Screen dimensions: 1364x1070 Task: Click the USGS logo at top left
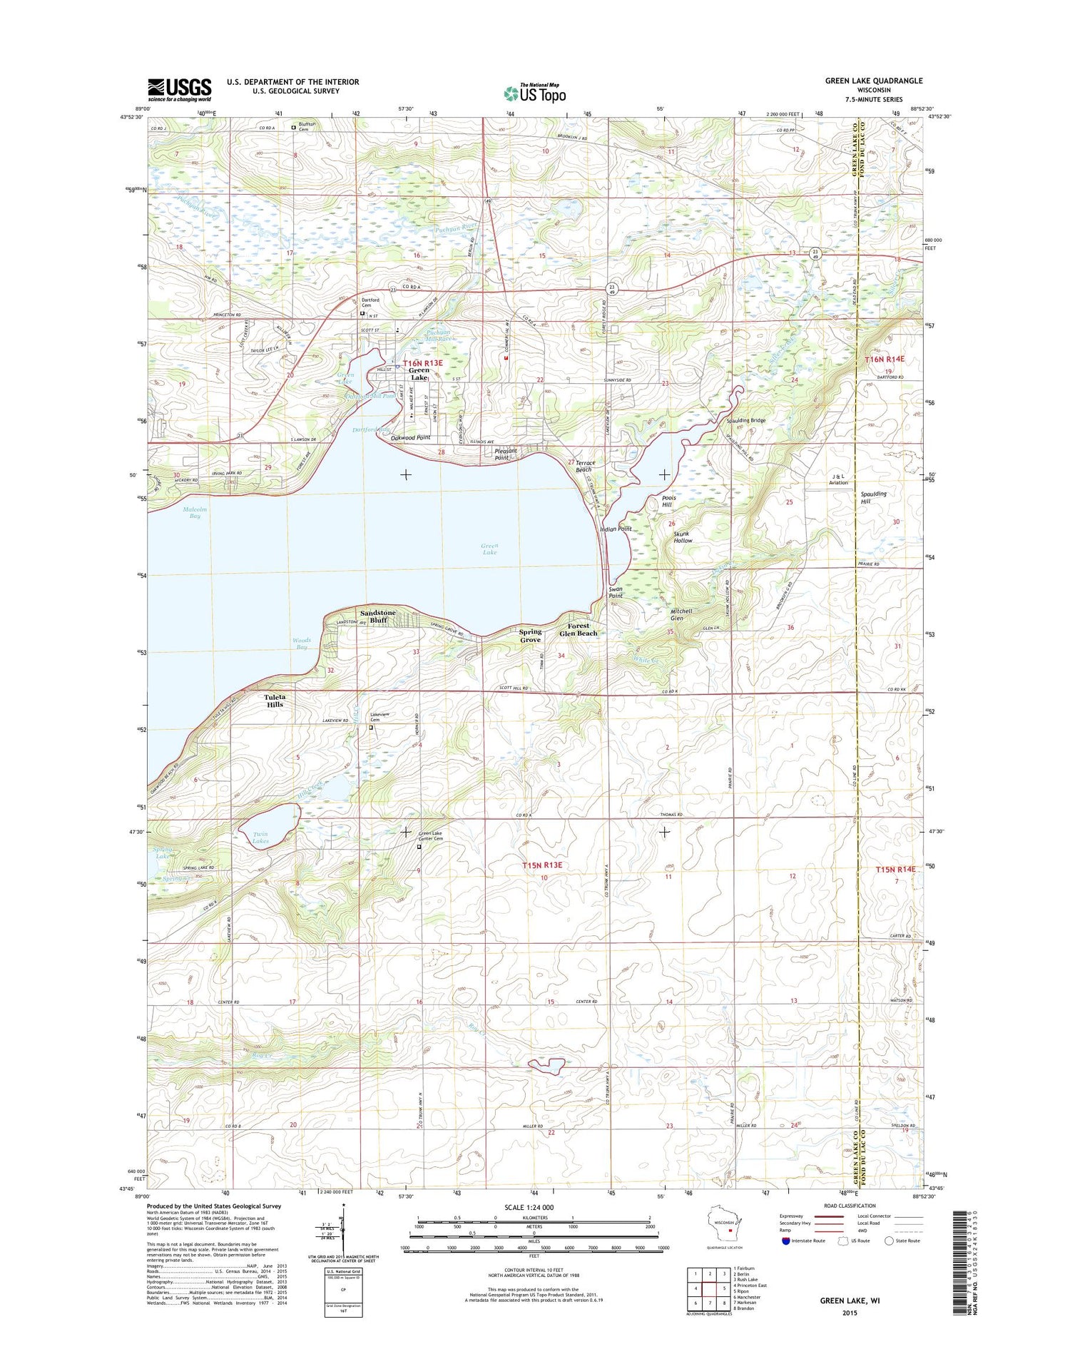point(179,88)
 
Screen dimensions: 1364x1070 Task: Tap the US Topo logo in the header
point(535,93)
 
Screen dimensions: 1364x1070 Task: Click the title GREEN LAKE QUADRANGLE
point(873,81)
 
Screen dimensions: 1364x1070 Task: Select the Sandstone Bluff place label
point(377,616)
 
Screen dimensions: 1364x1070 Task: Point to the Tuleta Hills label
point(275,701)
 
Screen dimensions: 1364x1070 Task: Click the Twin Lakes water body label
point(260,838)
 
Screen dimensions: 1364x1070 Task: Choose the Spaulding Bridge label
point(745,420)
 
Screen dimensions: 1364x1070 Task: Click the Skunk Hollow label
point(683,536)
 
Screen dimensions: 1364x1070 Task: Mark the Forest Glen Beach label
point(578,629)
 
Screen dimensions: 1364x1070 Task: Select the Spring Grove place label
point(530,636)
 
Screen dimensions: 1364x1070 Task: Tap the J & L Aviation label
point(838,479)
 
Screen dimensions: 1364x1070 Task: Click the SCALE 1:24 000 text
point(533,1207)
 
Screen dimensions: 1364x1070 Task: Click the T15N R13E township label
point(542,865)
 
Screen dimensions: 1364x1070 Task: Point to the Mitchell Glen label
point(681,614)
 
